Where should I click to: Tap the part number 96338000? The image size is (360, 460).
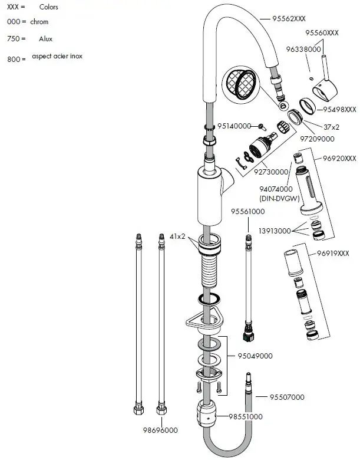[304, 50]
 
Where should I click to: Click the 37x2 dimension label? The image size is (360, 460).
[332, 126]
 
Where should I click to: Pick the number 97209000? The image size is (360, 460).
[317, 139]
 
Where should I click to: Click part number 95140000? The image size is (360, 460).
[234, 126]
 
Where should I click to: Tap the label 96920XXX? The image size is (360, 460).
[339, 159]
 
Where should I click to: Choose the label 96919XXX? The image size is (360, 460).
[332, 253]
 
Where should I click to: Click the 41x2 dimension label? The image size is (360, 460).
[178, 236]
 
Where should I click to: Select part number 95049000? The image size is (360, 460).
[255, 356]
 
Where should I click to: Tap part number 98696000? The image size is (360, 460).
[160, 431]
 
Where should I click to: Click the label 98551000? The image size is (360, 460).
[245, 416]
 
